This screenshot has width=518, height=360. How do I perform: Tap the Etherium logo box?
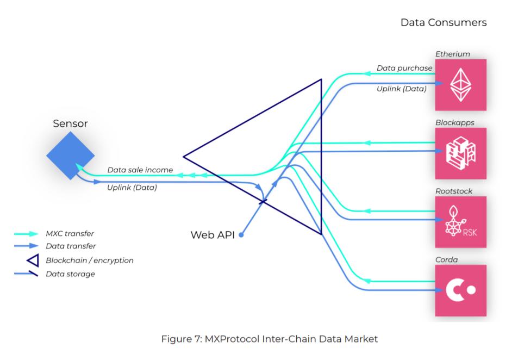click(x=460, y=85)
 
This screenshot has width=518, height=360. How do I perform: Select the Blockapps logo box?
click(x=460, y=153)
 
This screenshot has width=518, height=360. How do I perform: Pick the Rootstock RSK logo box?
click(x=460, y=222)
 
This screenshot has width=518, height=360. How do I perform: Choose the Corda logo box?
click(x=460, y=290)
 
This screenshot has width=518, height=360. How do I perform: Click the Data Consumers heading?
click(x=443, y=23)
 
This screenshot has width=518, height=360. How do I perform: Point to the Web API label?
click(x=213, y=235)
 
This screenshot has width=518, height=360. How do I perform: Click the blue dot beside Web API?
click(x=241, y=235)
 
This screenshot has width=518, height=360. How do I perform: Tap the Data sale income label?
click(x=140, y=170)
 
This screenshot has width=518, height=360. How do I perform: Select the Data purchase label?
click(x=404, y=69)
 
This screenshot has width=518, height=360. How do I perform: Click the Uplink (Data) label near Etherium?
click(x=402, y=88)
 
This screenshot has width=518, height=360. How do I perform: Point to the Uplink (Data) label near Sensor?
click(x=132, y=188)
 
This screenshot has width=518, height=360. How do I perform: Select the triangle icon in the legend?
click(x=32, y=260)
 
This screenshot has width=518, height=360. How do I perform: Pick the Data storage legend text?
click(x=70, y=274)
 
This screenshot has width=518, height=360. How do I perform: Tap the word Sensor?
click(x=70, y=124)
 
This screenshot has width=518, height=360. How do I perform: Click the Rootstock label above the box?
click(x=453, y=191)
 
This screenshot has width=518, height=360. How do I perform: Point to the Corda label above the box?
click(x=446, y=260)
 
